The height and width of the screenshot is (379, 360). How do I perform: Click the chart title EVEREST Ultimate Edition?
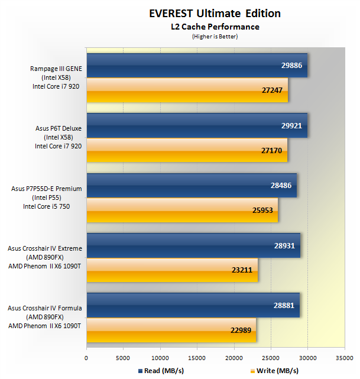click(x=215, y=14)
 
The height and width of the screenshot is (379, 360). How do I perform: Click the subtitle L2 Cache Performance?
click(x=215, y=27)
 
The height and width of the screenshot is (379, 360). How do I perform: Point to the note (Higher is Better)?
click(x=215, y=36)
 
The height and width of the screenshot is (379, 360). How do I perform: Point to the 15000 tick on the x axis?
click(x=197, y=357)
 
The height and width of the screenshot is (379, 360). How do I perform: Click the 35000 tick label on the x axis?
click(x=344, y=357)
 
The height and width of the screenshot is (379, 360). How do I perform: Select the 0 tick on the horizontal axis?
click(x=87, y=357)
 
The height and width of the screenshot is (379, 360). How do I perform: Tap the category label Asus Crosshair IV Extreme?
click(x=45, y=248)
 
